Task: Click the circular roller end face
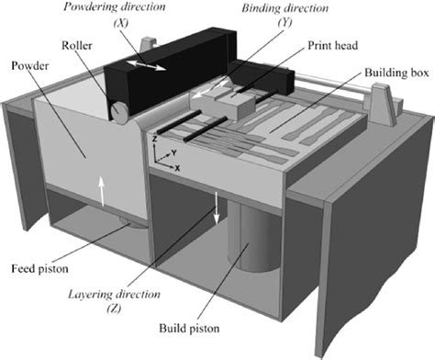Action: tap(119, 109)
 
